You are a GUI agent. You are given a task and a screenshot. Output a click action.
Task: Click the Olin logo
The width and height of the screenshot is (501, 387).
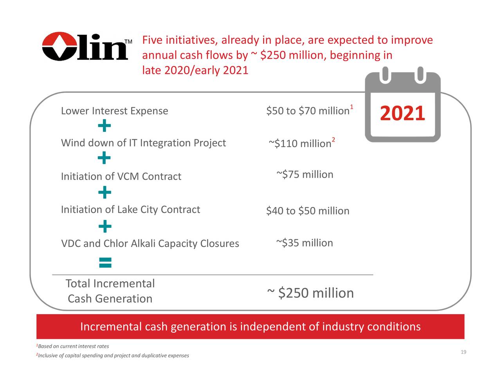(x=85, y=46)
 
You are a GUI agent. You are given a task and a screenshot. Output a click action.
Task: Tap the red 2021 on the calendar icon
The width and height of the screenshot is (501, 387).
(x=402, y=114)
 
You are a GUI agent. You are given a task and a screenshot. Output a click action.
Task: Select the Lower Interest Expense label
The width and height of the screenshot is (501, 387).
(x=114, y=111)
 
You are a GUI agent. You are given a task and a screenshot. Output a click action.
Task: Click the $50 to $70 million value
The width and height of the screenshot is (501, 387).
(x=308, y=111)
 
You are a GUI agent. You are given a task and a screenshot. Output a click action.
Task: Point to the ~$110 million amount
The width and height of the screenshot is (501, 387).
(x=300, y=144)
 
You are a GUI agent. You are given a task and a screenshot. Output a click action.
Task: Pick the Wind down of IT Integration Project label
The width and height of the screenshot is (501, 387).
(x=143, y=143)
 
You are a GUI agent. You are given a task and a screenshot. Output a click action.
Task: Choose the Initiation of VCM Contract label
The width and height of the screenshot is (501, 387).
(x=121, y=176)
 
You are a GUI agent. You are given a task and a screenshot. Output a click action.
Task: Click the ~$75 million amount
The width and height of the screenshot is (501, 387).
(x=305, y=175)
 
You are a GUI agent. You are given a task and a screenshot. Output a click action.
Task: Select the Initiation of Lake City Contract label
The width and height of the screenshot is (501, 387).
(x=130, y=210)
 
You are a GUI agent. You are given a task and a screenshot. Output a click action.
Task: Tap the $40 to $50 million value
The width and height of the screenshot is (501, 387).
(x=308, y=211)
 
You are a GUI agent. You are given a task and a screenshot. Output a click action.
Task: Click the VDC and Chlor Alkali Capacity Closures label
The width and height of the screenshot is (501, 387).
(x=150, y=243)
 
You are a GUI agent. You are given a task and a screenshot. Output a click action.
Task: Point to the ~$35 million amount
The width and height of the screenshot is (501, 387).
(x=305, y=243)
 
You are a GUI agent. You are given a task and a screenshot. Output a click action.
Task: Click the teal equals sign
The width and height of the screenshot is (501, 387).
(x=105, y=263)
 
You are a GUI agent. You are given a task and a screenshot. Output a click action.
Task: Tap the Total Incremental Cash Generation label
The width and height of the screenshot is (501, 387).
(x=110, y=291)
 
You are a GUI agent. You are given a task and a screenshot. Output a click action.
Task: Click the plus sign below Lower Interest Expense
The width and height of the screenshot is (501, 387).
(x=105, y=126)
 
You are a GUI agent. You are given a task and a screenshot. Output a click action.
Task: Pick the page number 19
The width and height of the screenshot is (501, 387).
(x=463, y=353)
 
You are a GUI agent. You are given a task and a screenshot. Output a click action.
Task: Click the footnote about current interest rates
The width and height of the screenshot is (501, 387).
(x=72, y=346)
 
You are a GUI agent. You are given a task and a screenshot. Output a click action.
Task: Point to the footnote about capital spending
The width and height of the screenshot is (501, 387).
(x=112, y=356)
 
